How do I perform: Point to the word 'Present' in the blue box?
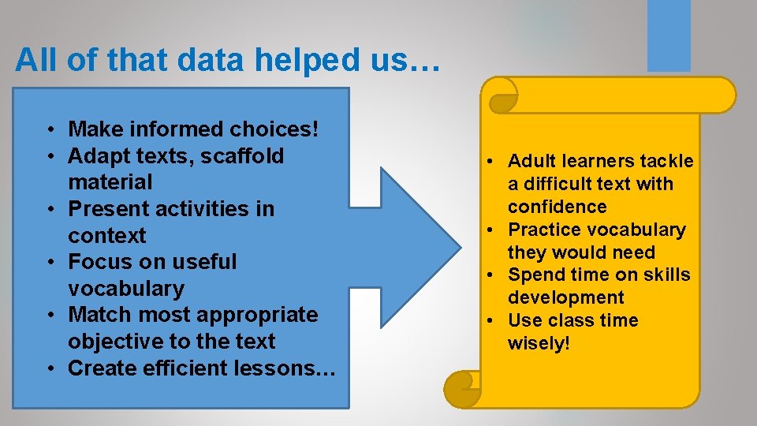tap(107, 208)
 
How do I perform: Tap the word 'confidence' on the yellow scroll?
tap(557, 207)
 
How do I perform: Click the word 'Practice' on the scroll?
tap(543, 230)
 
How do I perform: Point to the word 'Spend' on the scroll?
tap(534, 275)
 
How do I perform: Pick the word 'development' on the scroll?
tap(565, 297)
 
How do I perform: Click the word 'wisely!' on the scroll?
tap(539, 343)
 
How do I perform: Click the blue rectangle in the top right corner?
tap(669, 35)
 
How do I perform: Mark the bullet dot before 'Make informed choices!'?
tap(49, 129)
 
